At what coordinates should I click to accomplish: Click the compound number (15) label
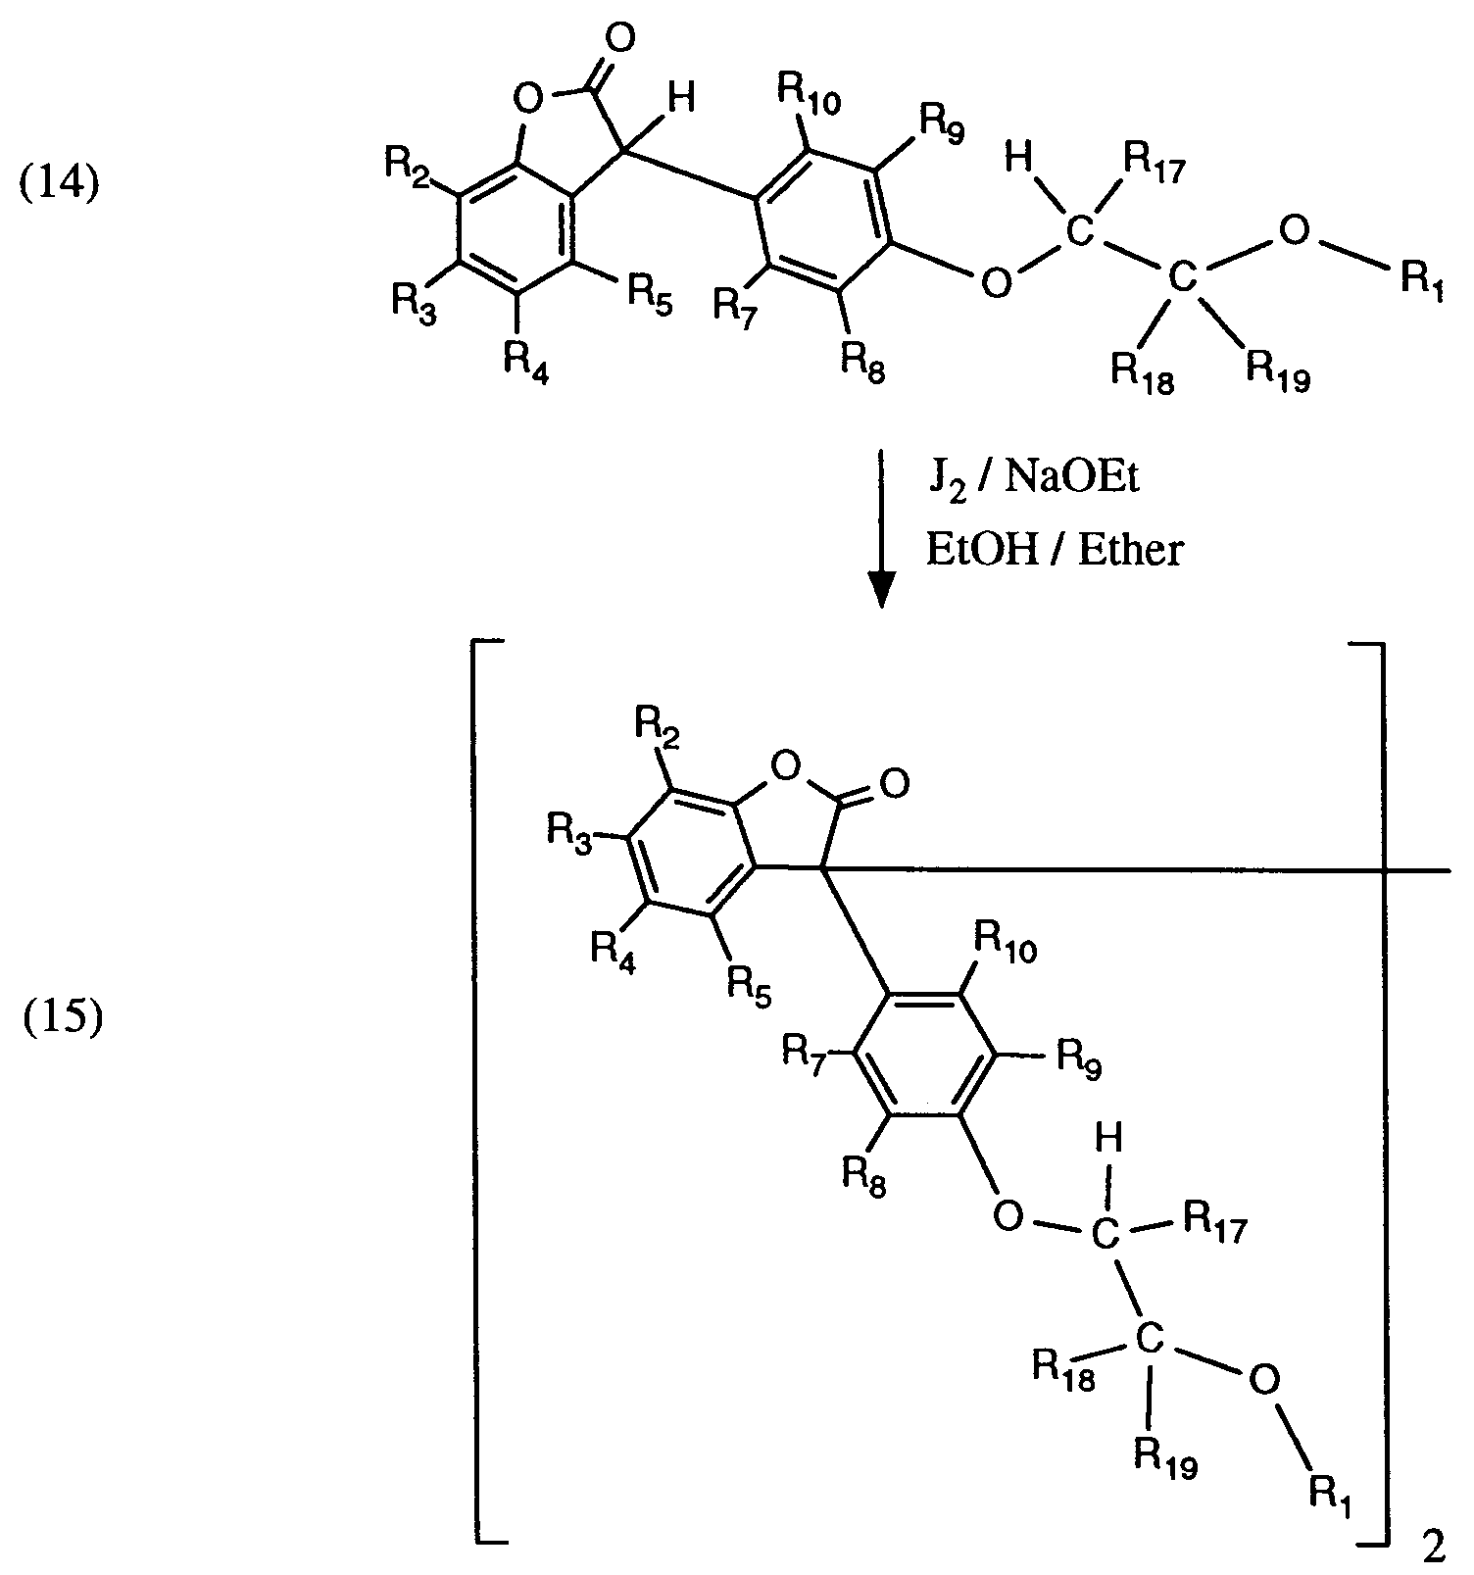coord(63,1020)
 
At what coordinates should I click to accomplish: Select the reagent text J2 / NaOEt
coord(1033,481)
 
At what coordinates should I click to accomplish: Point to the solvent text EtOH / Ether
coord(1055,550)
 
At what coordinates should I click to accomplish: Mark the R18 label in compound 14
coord(1142,371)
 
